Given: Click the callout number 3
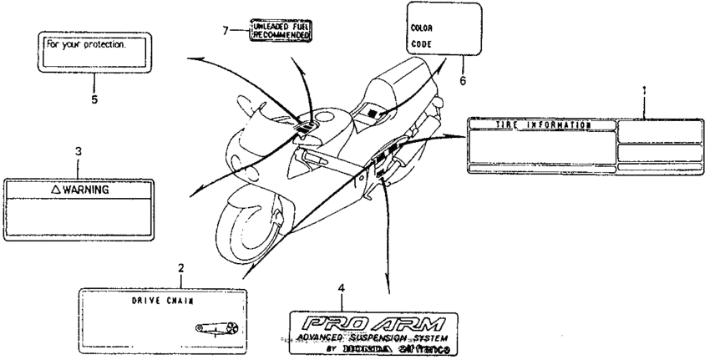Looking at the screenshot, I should pos(78,152).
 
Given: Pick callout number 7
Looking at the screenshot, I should pos(225,30).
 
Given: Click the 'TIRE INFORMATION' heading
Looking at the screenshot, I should pos(544,124).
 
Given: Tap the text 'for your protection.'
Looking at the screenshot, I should pos(82,45).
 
